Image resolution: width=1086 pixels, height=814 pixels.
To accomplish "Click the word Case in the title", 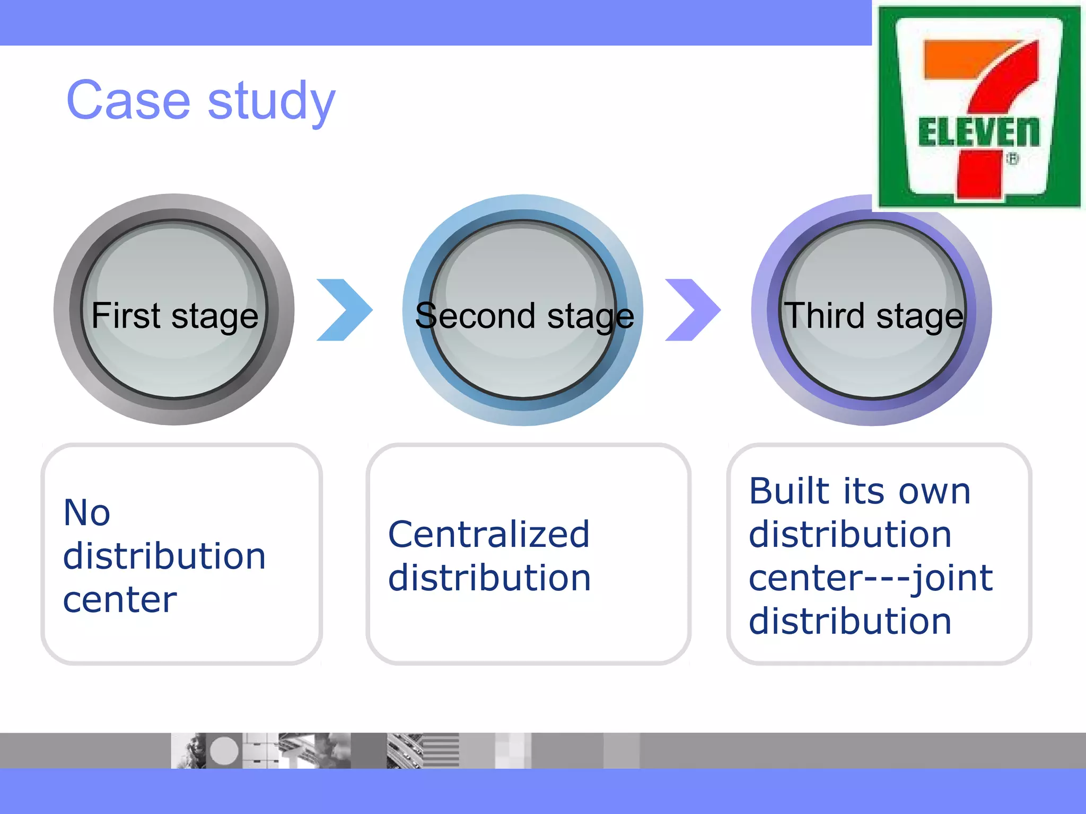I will click(128, 101).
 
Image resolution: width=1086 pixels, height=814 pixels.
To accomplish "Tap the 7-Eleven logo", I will click(979, 106).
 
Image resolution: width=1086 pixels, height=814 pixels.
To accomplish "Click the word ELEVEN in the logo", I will click(979, 132).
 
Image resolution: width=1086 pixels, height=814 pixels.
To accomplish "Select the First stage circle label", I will click(174, 316).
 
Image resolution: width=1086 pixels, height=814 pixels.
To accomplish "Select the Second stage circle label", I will click(524, 316).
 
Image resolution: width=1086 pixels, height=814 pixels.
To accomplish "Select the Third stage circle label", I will click(873, 316).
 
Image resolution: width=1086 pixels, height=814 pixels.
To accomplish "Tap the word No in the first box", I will click(86, 513).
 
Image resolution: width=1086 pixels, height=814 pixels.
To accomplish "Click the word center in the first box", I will click(120, 600).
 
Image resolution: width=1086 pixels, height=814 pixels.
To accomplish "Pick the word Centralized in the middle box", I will click(488, 534).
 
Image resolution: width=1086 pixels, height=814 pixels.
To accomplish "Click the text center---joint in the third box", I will click(870, 578).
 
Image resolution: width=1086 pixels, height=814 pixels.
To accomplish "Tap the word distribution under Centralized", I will click(489, 578).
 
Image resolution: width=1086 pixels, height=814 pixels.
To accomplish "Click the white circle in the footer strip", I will click(224, 750).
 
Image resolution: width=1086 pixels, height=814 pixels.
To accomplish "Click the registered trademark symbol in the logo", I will click(1012, 158).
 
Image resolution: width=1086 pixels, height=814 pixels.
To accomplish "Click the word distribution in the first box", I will click(164, 556).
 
